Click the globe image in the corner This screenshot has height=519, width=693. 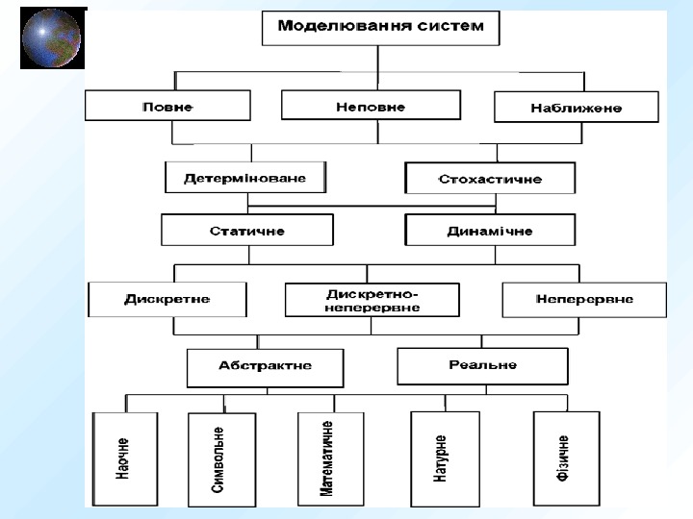(52, 38)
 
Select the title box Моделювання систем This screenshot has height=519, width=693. (381, 27)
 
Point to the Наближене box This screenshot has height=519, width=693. (576, 107)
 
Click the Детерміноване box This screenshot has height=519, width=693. (244, 178)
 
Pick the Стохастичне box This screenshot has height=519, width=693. (490, 179)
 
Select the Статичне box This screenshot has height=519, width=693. (247, 231)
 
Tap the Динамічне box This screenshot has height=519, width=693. (490, 231)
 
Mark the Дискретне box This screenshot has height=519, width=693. (167, 299)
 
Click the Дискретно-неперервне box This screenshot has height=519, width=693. (372, 299)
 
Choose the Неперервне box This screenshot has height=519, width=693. (583, 299)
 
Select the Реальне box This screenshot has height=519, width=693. (482, 365)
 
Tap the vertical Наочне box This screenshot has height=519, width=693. (124, 458)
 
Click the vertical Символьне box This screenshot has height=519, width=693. (221, 460)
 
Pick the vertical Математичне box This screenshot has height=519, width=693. (328, 458)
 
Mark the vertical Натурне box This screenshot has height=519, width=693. (444, 458)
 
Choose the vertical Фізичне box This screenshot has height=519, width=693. (566, 458)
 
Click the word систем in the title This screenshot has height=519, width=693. (451, 26)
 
